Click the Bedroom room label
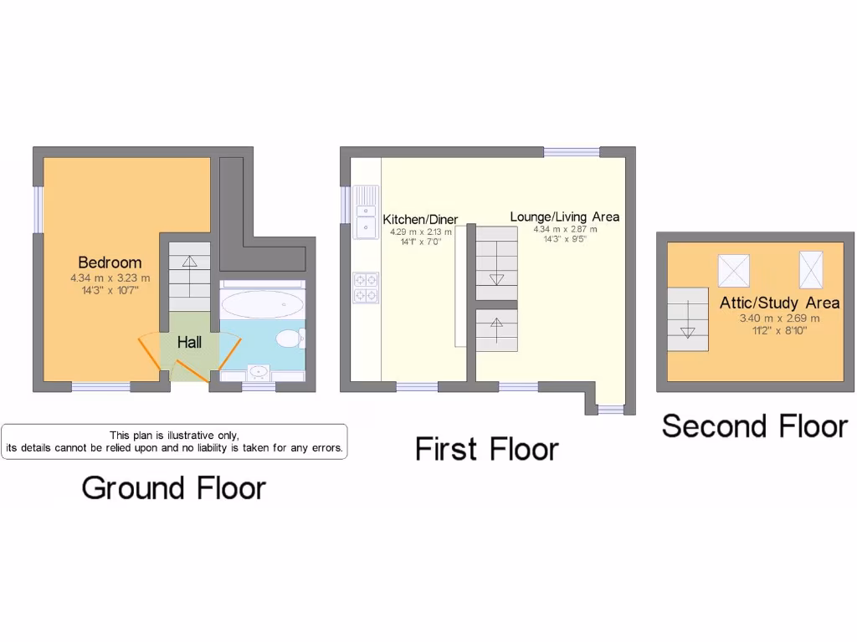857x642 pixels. point(110,262)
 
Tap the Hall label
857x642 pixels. point(189,342)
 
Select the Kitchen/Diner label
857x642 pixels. point(420,219)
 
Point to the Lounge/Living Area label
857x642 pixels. point(565,217)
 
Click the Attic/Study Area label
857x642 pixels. point(779,303)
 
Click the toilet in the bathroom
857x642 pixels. point(290,339)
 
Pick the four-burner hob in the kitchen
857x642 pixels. point(366,287)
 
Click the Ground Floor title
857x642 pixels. point(173,487)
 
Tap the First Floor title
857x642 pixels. point(486,449)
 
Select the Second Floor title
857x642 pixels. point(755,425)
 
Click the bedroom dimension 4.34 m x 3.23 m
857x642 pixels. point(110,278)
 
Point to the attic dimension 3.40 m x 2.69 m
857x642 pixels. point(779,318)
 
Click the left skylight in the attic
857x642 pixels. point(733,270)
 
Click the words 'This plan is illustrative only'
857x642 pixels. point(174,435)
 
